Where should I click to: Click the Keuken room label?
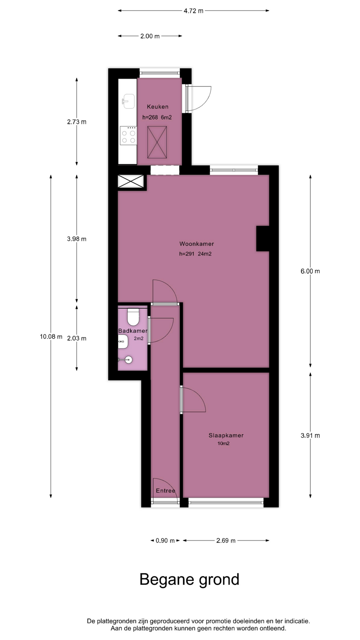[x=158, y=107]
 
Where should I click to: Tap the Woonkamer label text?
[x=197, y=244]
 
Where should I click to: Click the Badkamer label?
[x=133, y=331]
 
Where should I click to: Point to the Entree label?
[x=165, y=491]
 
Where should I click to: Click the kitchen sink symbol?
[x=128, y=101]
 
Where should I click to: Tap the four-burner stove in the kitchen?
[x=128, y=136]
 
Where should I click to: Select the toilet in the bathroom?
[x=133, y=317]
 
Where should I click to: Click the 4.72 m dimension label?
[x=193, y=11]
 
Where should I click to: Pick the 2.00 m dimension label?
[x=150, y=36]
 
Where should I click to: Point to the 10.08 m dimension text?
[x=51, y=336]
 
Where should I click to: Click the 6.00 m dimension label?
[x=310, y=271]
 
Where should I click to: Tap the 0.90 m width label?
[x=165, y=541]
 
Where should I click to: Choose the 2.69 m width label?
[x=226, y=541]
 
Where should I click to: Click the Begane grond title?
[x=189, y=579]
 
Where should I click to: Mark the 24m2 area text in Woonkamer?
[x=205, y=254]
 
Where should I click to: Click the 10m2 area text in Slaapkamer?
[x=223, y=443]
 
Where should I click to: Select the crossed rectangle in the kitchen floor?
[x=157, y=142]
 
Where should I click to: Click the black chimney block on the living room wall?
[x=263, y=238]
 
